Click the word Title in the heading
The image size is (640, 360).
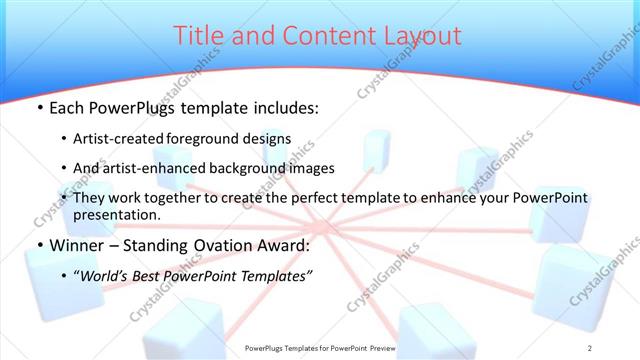[198, 36]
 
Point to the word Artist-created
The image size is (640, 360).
[124, 138]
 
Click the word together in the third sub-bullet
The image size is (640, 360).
[172, 198]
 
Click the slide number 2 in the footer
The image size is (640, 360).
[590, 347]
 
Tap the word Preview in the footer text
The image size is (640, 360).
[380, 347]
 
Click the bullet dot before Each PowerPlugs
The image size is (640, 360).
[39, 108]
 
